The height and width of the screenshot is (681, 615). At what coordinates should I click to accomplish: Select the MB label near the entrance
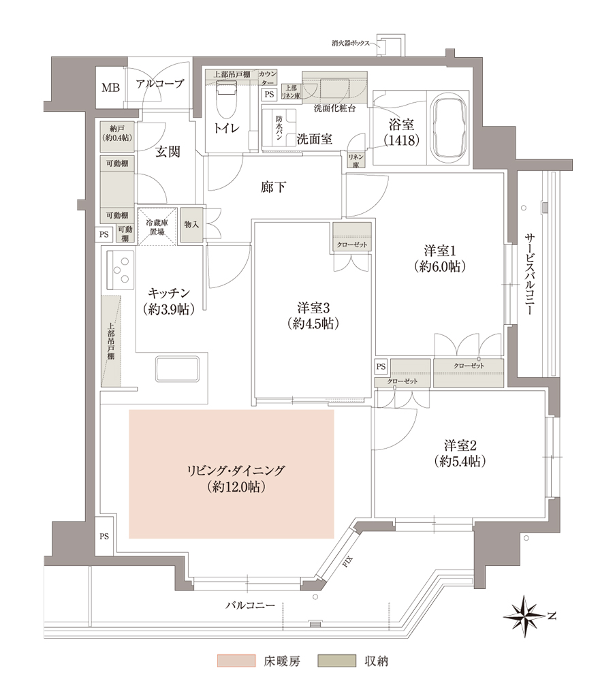point(110,87)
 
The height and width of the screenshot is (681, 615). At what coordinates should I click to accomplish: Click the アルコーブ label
point(160,84)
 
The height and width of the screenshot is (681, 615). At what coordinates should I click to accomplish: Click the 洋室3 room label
point(313,315)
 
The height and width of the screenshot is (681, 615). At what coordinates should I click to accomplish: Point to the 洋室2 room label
point(460,454)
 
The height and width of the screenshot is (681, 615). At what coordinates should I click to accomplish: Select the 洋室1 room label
point(442,258)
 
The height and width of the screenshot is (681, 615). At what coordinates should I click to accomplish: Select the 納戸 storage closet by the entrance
point(117,133)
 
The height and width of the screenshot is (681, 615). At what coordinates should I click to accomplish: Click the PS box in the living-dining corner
point(104,536)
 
